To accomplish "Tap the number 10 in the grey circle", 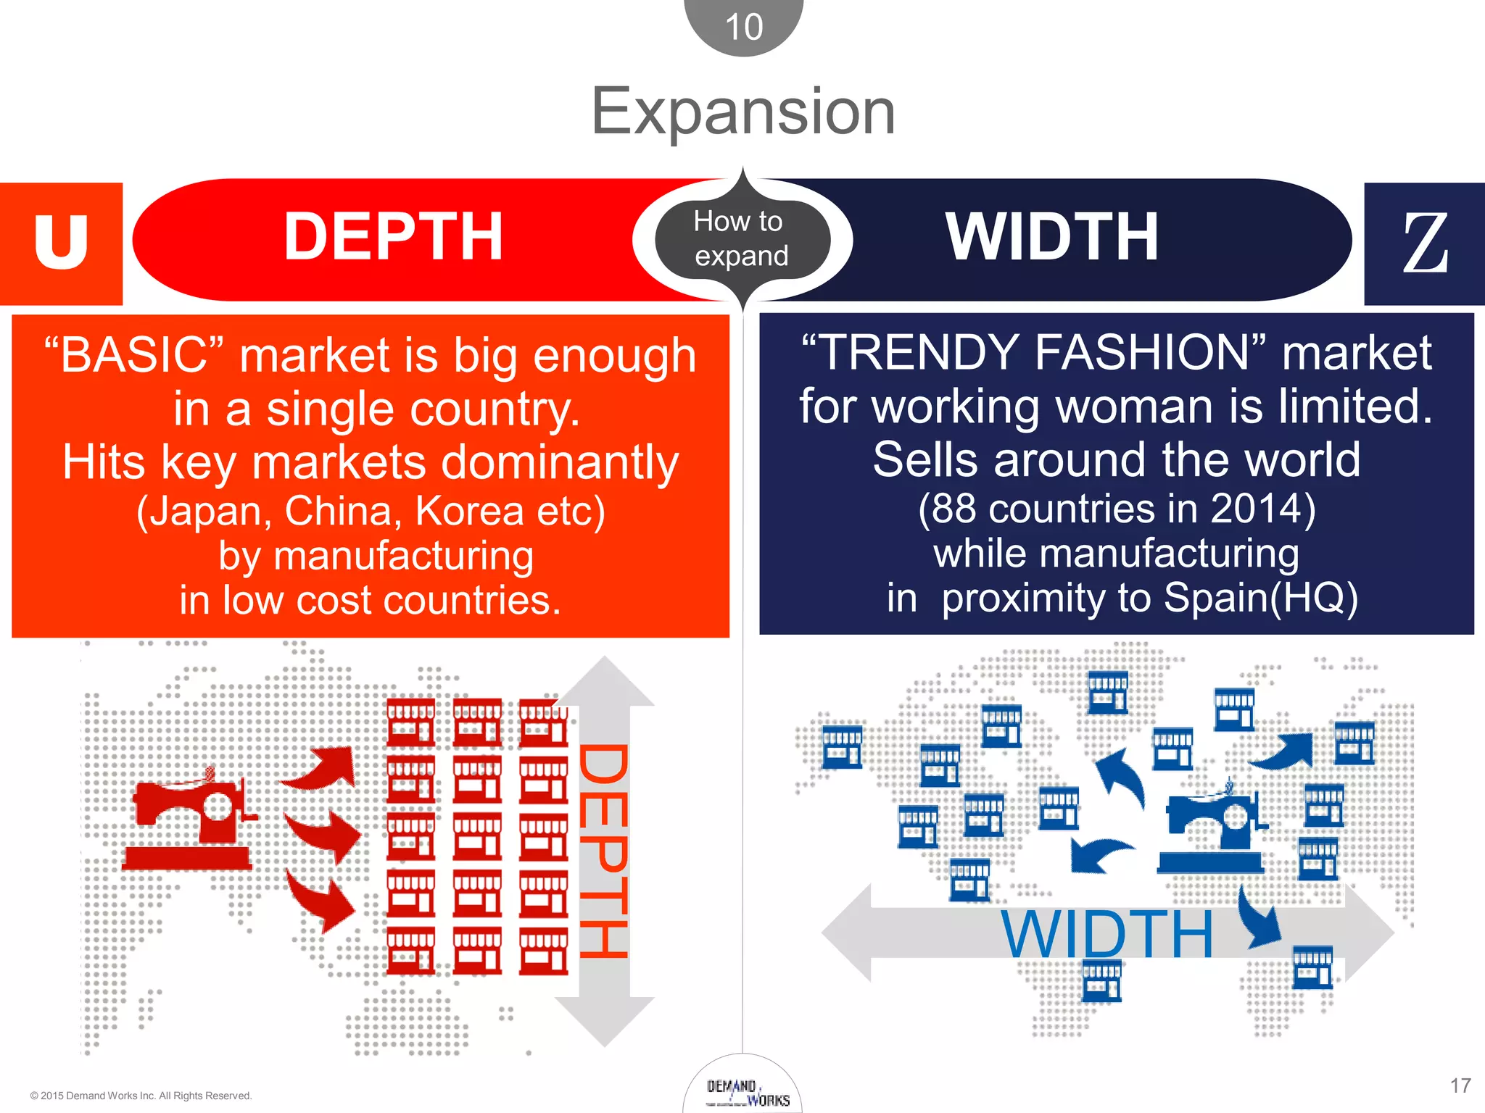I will pyautogui.click(x=744, y=28).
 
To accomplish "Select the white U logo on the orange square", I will pyautogui.click(x=61, y=242).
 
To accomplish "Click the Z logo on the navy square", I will pyautogui.click(x=1425, y=244).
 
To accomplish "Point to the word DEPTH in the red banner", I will pyautogui.click(x=393, y=237).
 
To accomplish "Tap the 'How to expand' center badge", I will pyautogui.click(x=741, y=239).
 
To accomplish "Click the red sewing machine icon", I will pyautogui.click(x=192, y=819).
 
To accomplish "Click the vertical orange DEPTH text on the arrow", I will pyautogui.click(x=603, y=851).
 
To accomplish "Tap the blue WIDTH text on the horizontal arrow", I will pyautogui.click(x=1106, y=935).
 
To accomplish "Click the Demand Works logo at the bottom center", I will pyautogui.click(x=747, y=1093).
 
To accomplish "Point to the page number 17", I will pyautogui.click(x=1460, y=1085).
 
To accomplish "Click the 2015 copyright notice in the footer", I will pyautogui.click(x=141, y=1096).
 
